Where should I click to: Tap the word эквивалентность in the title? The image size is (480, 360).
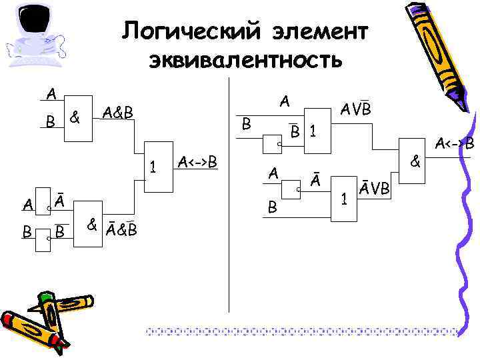[x=245, y=61]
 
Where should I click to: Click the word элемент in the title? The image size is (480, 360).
[x=319, y=31]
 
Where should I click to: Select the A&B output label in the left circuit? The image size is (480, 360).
[x=119, y=113]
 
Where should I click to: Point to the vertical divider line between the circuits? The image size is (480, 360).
[x=229, y=200]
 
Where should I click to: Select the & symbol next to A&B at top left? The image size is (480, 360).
[x=75, y=118]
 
